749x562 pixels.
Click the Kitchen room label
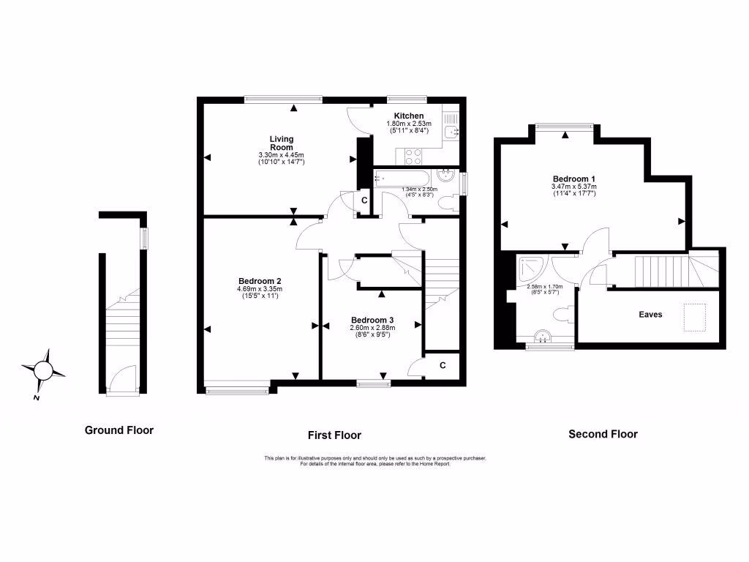[408, 116]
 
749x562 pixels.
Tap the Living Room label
[281, 143]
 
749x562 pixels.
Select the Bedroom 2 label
[260, 281]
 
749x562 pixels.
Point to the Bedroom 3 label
[372, 320]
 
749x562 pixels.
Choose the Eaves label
[650, 314]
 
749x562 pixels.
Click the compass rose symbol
[44, 371]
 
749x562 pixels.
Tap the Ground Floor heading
[119, 430]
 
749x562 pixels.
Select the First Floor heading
[334, 435]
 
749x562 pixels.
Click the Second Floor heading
[603, 434]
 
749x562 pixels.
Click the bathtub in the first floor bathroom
[402, 179]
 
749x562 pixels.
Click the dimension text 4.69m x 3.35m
[260, 289]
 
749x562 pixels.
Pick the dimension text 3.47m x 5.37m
[573, 187]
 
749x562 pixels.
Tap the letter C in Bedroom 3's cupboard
[443, 364]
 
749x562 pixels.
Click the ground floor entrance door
[122, 380]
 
